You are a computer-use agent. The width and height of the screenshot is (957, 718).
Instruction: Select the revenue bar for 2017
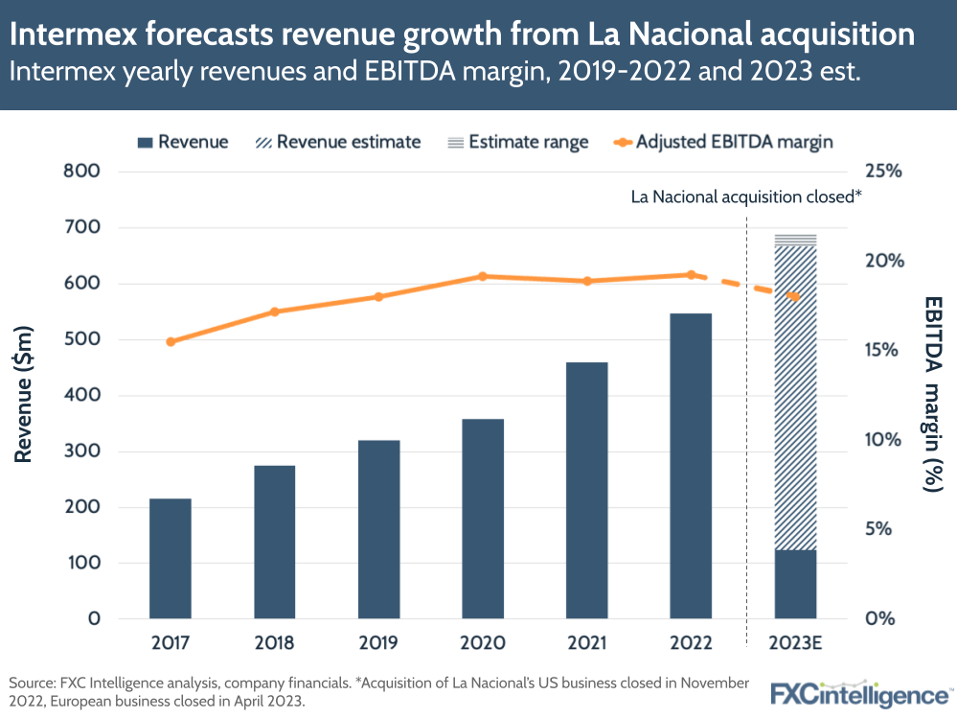pyautogui.click(x=171, y=558)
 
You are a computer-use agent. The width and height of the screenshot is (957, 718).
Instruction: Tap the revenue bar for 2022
pyautogui.click(x=691, y=466)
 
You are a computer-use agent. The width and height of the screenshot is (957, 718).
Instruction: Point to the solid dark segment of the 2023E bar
pyautogui.click(x=795, y=584)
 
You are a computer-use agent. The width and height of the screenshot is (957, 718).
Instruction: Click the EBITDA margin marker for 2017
pyautogui.click(x=171, y=341)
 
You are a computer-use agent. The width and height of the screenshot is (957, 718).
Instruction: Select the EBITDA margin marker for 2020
pyautogui.click(x=483, y=276)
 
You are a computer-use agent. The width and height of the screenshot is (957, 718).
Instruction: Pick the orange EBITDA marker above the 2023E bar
pyautogui.click(x=795, y=297)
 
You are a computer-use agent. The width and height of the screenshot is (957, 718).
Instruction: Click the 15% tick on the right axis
pyautogui.click(x=882, y=351)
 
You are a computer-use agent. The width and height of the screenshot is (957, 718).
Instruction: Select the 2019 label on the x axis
pyautogui.click(x=378, y=642)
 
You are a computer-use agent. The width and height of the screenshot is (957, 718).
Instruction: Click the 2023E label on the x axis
pyautogui.click(x=795, y=642)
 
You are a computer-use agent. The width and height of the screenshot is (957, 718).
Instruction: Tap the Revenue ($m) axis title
pyautogui.click(x=25, y=395)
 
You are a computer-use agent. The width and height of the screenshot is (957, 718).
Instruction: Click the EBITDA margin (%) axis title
pyautogui.click(x=931, y=395)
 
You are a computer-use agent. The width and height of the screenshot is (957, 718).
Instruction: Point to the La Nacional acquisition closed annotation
pyautogui.click(x=746, y=197)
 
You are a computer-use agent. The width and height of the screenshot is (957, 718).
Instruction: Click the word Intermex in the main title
pyautogui.click(x=82, y=35)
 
